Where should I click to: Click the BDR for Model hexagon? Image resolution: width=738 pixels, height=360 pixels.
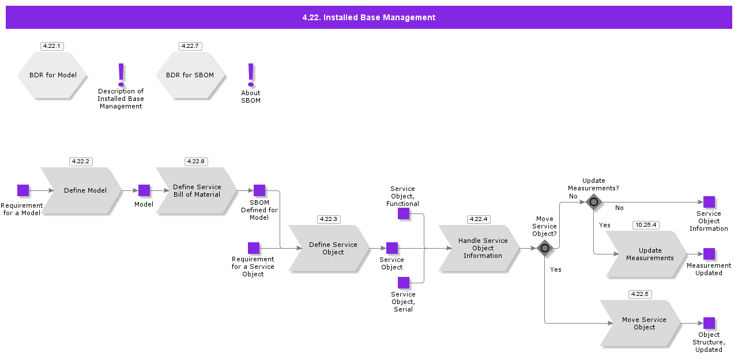coord(52,75)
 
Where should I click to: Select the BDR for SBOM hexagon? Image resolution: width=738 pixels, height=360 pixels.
coord(190,75)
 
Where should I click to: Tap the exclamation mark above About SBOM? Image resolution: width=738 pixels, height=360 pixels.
coord(251,74)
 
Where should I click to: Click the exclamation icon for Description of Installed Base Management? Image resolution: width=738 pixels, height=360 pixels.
coord(121,74)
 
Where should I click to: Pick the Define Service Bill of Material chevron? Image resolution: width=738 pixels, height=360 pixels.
coord(197,190)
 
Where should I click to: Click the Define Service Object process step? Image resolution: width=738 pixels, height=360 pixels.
coord(329,248)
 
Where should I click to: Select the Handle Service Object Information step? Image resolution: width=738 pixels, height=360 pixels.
coord(479,248)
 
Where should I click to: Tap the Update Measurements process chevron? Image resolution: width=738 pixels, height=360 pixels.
coord(646,254)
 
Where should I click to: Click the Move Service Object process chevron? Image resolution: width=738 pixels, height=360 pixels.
coord(641,324)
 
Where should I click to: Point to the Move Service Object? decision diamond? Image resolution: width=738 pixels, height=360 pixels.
coord(545,248)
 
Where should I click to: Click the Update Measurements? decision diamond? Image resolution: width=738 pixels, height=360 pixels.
coord(594,202)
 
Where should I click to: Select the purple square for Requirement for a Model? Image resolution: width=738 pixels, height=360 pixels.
coord(23,190)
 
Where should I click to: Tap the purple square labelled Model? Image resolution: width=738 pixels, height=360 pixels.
coord(144,190)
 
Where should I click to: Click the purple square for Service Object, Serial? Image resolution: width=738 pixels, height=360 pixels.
coord(404,283)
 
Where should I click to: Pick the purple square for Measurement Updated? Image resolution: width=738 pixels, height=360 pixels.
coord(709,254)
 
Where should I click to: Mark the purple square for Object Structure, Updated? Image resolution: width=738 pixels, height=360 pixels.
coord(709,324)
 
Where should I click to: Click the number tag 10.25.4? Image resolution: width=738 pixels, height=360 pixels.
coord(646,225)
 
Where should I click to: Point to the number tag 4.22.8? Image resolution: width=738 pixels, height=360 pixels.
coord(196,162)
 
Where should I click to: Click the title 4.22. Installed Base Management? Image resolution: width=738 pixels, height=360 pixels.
coord(369,17)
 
